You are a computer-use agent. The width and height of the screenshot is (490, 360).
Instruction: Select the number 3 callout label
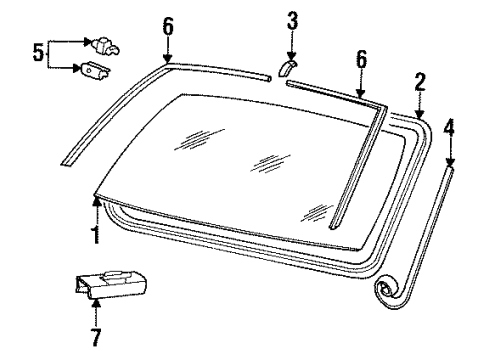point(291,20)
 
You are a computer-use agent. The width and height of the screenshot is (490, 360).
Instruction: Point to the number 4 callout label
point(450,128)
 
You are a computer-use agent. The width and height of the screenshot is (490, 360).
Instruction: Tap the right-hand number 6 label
point(361,60)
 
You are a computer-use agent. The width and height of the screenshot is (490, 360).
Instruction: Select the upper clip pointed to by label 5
point(102,45)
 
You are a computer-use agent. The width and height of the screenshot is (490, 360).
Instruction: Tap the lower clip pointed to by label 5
point(96,71)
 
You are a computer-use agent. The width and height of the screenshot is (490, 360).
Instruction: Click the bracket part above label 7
point(110,283)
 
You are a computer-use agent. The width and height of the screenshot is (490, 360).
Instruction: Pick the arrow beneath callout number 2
point(420,105)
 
